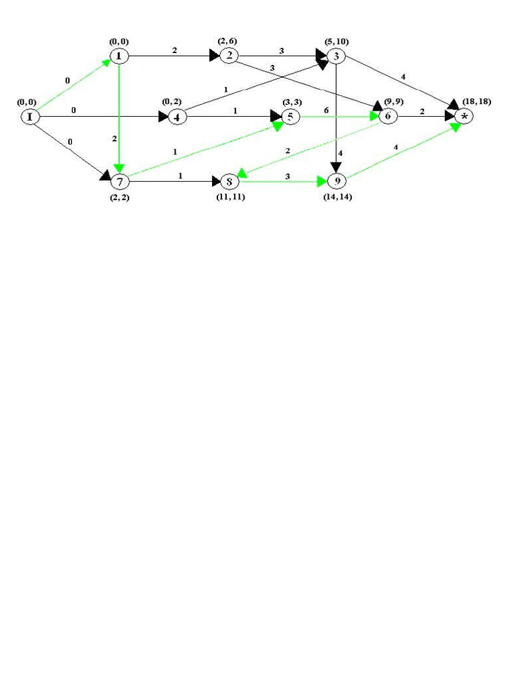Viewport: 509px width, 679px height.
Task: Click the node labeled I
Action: click(x=29, y=117)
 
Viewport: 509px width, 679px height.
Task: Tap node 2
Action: click(x=229, y=56)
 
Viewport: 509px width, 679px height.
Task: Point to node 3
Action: click(x=336, y=56)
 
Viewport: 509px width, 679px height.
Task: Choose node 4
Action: click(x=177, y=117)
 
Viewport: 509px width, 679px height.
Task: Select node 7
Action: click(x=120, y=180)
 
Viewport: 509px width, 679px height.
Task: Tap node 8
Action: click(x=229, y=181)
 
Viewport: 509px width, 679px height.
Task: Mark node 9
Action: click(x=337, y=181)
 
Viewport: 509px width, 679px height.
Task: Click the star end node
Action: click(x=464, y=117)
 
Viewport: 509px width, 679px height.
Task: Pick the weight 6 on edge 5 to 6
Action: click(x=325, y=110)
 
